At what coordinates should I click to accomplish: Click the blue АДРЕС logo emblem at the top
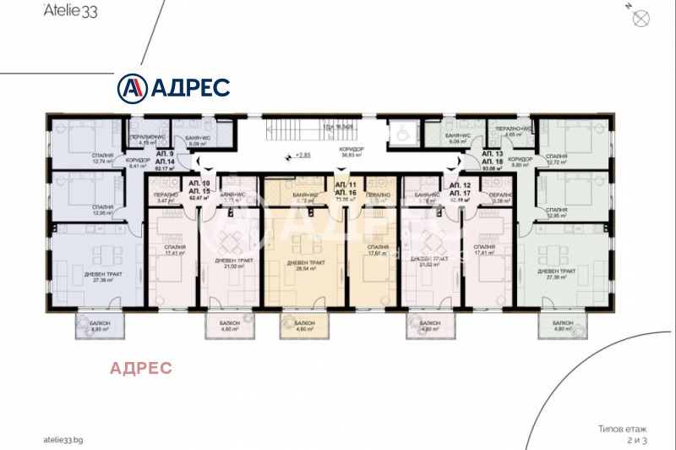[131, 87]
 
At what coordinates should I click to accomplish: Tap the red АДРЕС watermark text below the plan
[142, 367]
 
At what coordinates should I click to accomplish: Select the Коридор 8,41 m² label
[137, 163]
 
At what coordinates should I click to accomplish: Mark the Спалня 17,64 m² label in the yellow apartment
[379, 251]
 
